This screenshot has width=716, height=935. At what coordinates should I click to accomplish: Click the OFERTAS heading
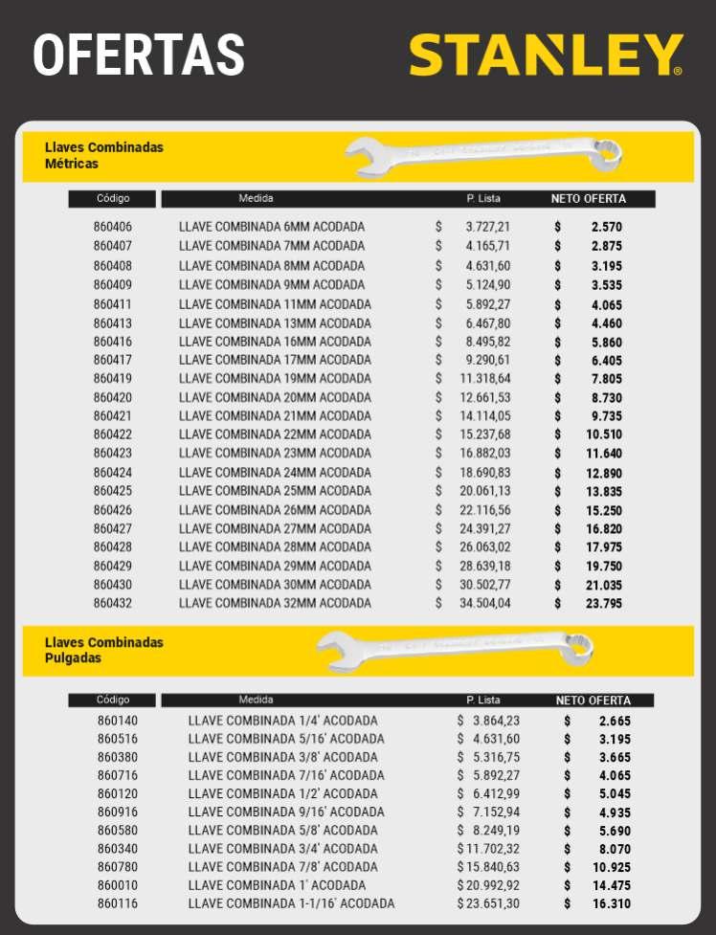click(139, 55)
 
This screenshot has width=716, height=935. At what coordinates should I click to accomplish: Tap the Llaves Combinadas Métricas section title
click(104, 155)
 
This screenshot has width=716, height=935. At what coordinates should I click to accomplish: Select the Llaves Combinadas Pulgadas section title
click(104, 650)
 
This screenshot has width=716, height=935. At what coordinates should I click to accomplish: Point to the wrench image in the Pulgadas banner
click(455, 648)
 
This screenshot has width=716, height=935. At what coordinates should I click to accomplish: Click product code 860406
click(113, 227)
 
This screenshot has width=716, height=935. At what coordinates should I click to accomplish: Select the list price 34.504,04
click(487, 603)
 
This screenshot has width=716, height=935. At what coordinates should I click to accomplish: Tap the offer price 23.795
click(604, 603)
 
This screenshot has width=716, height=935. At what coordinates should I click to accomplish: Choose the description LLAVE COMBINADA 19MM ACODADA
click(275, 378)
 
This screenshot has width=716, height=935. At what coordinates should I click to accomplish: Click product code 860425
click(113, 491)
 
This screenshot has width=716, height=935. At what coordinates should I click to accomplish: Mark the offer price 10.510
click(604, 434)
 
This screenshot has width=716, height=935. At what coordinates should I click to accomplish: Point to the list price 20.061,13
click(487, 491)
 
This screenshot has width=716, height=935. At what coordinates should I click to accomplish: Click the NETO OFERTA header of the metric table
click(589, 199)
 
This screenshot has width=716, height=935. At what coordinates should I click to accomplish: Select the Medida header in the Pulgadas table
click(256, 700)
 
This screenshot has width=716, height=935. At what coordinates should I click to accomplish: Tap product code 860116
click(118, 903)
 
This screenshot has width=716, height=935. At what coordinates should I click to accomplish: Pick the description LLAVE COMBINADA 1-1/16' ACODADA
click(291, 903)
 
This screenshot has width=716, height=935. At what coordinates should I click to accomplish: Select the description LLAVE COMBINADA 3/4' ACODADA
click(282, 849)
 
